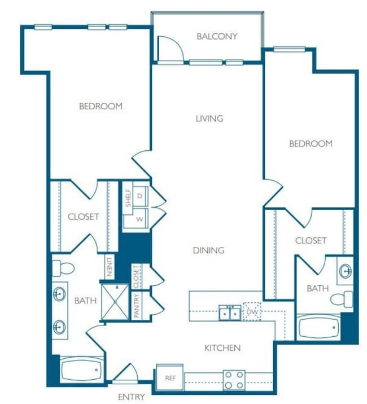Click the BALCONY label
217,37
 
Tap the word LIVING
209,119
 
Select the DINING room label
208,250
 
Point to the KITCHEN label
222,348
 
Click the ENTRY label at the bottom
131,397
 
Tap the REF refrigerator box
169,377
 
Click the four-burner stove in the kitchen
234,380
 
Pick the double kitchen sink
229,312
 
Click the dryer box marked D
139,196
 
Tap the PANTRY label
136,306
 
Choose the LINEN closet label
109,267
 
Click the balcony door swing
169,49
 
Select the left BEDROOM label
101,106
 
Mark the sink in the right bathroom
345,272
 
